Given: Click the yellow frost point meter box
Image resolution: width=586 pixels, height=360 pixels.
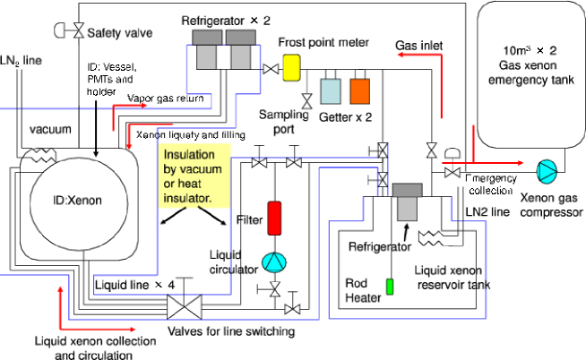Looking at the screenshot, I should click(291, 68).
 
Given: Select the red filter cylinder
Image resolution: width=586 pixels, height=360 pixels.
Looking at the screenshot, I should click(275, 218).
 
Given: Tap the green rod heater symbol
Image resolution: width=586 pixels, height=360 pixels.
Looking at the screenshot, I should click(390, 288).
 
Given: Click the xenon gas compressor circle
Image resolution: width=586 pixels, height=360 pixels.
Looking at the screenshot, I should click(546, 171).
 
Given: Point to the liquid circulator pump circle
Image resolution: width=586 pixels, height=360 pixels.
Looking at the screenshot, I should click(272, 261).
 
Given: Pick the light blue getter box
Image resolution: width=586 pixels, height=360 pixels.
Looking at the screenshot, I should click(331, 91).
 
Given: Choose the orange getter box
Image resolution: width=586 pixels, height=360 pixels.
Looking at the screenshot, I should click(359, 91).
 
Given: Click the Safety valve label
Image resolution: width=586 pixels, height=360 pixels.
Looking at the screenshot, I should click(118, 33).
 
